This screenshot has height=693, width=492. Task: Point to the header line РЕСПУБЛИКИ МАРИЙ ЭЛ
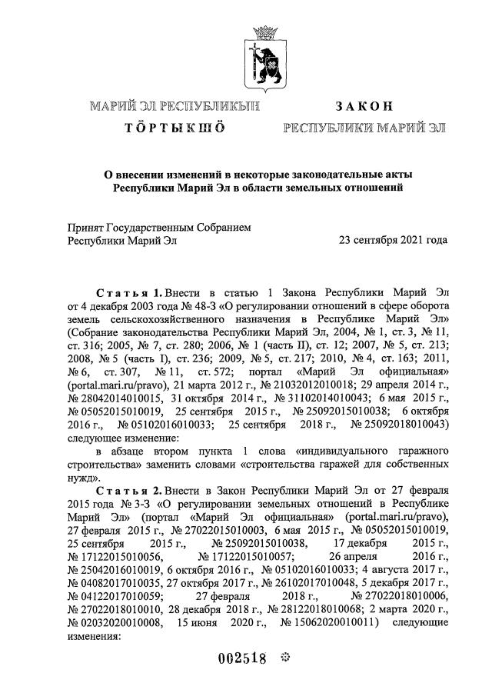[x=364, y=127]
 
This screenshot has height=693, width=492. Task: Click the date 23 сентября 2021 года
[x=393, y=240]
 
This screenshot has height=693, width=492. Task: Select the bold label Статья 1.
[x=128, y=293]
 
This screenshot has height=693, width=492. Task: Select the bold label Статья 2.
[x=128, y=489]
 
